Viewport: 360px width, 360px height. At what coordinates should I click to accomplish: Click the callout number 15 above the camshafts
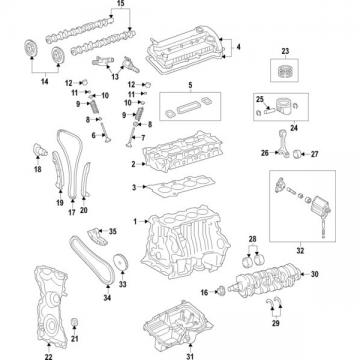121,4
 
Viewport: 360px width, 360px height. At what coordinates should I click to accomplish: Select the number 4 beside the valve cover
238,47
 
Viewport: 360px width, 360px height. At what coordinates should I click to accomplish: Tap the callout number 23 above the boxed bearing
285,51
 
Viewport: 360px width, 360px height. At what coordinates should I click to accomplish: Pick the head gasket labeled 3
181,187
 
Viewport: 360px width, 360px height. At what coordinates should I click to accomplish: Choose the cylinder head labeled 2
183,151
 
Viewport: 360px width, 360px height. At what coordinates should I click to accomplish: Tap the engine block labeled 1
185,242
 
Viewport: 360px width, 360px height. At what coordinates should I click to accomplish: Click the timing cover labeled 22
51,307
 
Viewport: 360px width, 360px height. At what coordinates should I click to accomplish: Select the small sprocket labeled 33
120,262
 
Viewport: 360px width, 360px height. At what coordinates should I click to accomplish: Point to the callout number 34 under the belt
107,298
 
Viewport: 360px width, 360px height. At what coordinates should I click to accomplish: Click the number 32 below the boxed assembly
300,251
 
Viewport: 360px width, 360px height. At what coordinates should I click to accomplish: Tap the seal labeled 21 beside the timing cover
75,322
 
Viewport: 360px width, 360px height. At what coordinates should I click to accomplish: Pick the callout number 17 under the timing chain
72,212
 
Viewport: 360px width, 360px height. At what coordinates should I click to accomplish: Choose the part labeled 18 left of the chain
40,150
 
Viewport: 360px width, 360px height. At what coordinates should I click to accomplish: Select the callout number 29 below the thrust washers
276,323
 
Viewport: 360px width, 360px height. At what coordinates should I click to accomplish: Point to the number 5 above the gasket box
190,85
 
